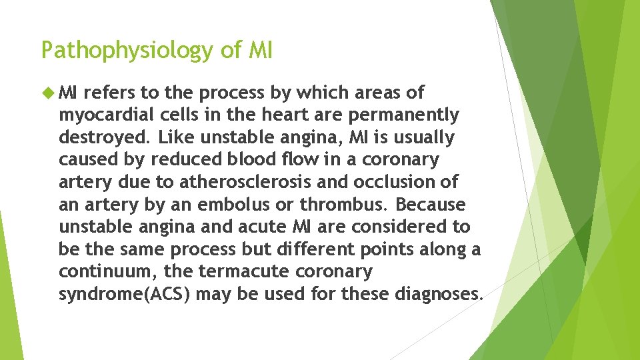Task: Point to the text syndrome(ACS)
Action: click(x=127, y=294)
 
